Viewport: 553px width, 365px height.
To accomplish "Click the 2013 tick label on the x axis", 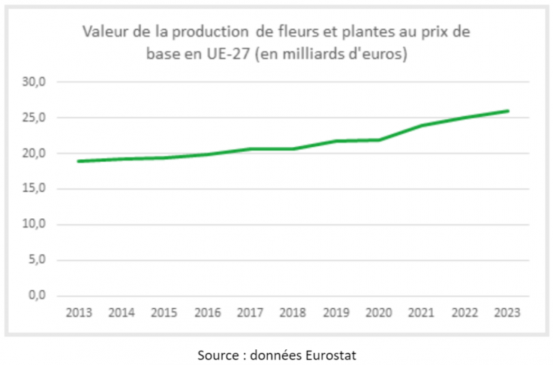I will click(x=78, y=313).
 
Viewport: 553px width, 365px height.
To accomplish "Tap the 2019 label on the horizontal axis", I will click(x=336, y=313).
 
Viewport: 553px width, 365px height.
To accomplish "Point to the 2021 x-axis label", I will click(x=422, y=313).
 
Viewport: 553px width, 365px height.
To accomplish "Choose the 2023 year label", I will click(x=508, y=313).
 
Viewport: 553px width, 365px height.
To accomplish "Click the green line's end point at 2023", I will click(x=508, y=111).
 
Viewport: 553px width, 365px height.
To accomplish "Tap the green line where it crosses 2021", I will click(x=422, y=125).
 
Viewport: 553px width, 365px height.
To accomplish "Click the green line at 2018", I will click(x=293, y=149).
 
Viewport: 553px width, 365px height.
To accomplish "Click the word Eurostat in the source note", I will click(x=333, y=354).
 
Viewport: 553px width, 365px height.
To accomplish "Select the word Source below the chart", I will click(x=215, y=354).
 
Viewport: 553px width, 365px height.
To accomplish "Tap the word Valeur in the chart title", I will click(x=103, y=32).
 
